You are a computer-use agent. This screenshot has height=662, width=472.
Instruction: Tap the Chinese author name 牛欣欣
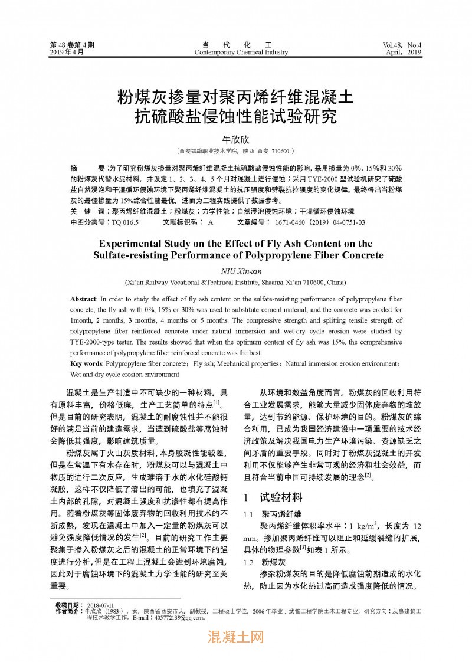[x=236, y=139]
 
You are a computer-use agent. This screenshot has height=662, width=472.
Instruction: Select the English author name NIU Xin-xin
[x=236, y=271]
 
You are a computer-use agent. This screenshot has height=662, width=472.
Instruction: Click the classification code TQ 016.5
[x=124, y=222]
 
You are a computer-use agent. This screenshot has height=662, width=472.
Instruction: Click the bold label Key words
[x=86, y=364]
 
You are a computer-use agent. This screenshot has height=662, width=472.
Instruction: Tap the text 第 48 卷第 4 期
[x=72, y=45]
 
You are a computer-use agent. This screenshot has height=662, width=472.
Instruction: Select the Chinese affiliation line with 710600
[x=236, y=151]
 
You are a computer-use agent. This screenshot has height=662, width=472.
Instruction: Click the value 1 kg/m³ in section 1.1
[x=365, y=525]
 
